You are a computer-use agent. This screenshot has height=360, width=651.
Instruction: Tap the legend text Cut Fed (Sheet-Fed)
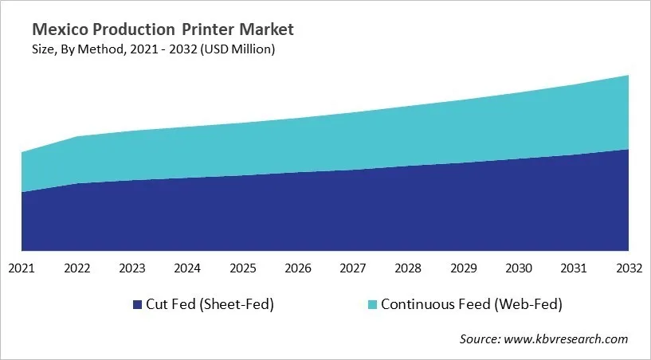(209, 304)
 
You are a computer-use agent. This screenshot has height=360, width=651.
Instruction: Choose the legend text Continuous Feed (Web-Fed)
(471, 304)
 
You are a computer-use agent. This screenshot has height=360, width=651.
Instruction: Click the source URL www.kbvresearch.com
(567, 339)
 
